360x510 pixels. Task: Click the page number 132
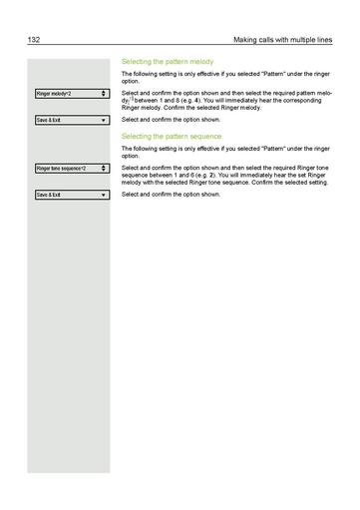tap(34, 39)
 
